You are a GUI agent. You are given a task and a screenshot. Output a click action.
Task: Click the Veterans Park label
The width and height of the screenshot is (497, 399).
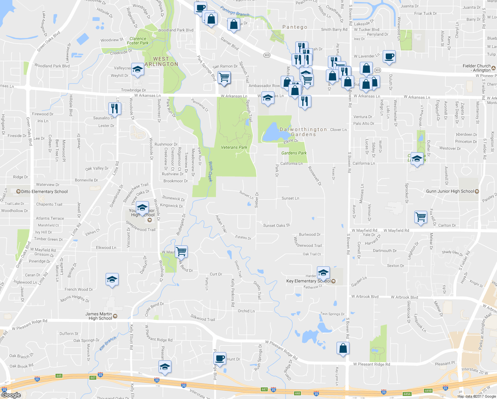point(234,147)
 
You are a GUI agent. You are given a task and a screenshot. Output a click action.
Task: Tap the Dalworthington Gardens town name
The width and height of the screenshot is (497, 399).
point(303,132)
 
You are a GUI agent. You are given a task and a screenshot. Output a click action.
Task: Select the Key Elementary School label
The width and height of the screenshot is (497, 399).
point(309,281)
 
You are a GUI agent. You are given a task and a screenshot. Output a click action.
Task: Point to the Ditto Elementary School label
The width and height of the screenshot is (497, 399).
point(44,192)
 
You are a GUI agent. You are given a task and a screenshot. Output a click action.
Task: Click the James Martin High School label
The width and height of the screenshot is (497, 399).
point(99,316)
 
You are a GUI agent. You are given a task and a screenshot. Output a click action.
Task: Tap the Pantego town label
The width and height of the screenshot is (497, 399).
point(295,27)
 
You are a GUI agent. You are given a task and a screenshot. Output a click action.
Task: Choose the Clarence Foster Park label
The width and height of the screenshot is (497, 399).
point(138,41)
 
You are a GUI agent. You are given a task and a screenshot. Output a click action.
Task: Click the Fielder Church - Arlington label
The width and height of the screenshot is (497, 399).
point(476,68)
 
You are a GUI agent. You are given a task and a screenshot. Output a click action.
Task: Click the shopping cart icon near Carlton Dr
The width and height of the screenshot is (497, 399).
point(421,217)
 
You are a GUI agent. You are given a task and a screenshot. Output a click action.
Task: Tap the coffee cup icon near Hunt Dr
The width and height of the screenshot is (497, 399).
point(220,358)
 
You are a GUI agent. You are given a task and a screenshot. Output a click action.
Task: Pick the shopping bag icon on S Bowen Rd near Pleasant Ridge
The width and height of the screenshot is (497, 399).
point(343,348)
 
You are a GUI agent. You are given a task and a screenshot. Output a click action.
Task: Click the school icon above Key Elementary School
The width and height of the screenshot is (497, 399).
point(323,273)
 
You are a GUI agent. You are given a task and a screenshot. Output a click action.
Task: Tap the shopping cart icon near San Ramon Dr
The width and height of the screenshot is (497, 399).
point(224,77)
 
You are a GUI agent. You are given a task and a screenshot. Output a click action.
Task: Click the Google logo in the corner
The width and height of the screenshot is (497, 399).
point(11,395)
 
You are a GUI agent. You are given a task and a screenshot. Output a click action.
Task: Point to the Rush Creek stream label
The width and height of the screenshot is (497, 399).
point(210,171)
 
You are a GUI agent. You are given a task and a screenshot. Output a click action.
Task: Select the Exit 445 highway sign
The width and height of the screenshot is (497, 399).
point(59,376)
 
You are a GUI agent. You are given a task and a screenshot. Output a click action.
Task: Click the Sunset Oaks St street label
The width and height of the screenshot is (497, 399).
point(276,225)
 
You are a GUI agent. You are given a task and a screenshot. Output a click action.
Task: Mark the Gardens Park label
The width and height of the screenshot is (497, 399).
point(294,153)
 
